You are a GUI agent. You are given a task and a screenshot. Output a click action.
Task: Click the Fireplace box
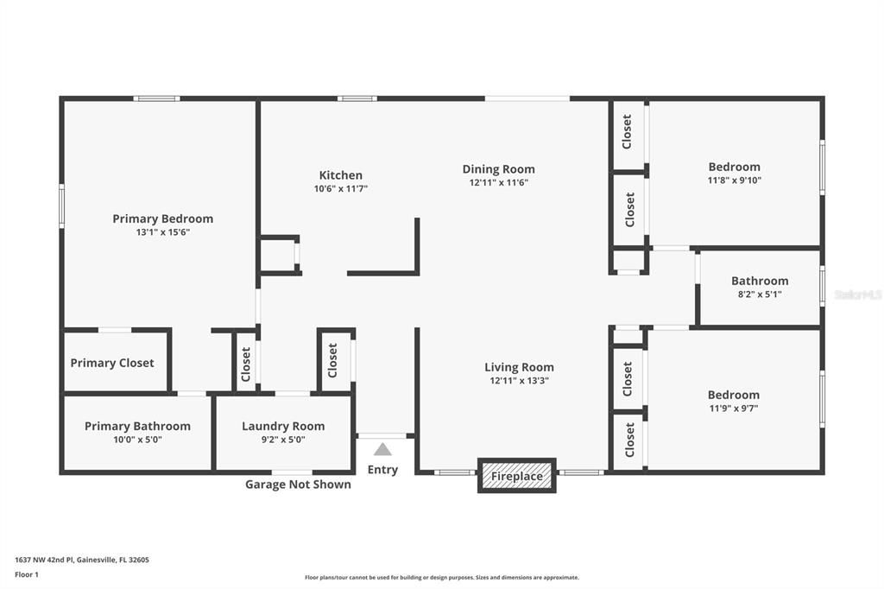coord(517,476)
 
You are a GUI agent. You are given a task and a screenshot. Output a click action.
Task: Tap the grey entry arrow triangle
coord(382,449)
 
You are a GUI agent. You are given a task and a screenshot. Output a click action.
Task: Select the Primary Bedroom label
coord(162,218)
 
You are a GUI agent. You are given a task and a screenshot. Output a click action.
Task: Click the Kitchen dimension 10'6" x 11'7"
coord(340,188)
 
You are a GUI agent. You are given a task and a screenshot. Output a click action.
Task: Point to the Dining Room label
coord(498,169)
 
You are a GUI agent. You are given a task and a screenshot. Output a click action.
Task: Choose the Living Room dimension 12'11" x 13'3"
coord(519,380)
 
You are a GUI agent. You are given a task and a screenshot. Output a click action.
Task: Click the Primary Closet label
coord(112,363)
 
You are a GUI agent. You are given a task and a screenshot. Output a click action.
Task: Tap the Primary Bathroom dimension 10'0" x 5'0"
coord(137,440)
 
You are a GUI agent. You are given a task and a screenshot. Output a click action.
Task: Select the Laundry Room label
coord(283,426)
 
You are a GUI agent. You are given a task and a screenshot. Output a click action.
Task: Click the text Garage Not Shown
coord(298,484)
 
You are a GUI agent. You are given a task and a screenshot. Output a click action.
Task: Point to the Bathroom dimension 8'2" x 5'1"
coord(760,294)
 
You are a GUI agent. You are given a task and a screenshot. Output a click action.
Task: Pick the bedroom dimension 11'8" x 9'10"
coord(734,180)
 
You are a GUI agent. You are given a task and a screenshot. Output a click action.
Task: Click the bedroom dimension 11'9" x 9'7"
coord(734,408)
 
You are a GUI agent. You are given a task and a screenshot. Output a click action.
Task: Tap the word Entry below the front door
coord(382,470)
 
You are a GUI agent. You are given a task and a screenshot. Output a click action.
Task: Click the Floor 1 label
coord(26,574)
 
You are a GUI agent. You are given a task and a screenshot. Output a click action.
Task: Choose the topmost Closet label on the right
coord(628,132)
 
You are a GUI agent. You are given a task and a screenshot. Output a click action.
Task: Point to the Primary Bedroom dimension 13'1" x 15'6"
coord(162,232)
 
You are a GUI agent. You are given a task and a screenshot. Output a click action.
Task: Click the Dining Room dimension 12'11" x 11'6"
coord(498,183)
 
